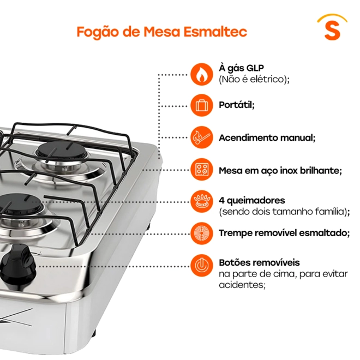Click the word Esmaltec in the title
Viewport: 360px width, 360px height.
tap(215, 32)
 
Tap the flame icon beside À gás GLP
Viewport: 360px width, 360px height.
tap(202, 74)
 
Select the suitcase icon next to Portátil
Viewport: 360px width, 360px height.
tap(202, 105)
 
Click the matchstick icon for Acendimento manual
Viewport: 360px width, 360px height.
tap(202, 137)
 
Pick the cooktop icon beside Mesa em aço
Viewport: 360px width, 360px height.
tap(202, 170)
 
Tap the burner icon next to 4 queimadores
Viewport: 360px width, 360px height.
tap(202, 202)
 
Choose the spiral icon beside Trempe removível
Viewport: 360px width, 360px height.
tap(202, 233)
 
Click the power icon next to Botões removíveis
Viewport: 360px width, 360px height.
tap(202, 266)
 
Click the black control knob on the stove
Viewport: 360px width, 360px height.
tap(19, 264)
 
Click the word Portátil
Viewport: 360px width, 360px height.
tap(237, 105)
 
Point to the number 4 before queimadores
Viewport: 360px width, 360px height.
tap(221, 200)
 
